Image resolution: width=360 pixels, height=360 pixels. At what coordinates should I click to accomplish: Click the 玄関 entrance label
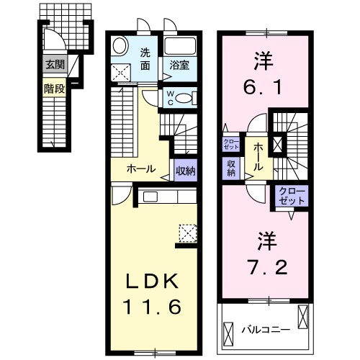coord(55,65)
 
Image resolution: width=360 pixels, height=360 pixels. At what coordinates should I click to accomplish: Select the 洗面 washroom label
coord(145,58)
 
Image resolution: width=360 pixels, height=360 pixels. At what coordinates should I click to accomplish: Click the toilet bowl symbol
coord(184,98)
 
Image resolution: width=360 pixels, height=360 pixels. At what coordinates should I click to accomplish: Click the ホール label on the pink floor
coord(257,156)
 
